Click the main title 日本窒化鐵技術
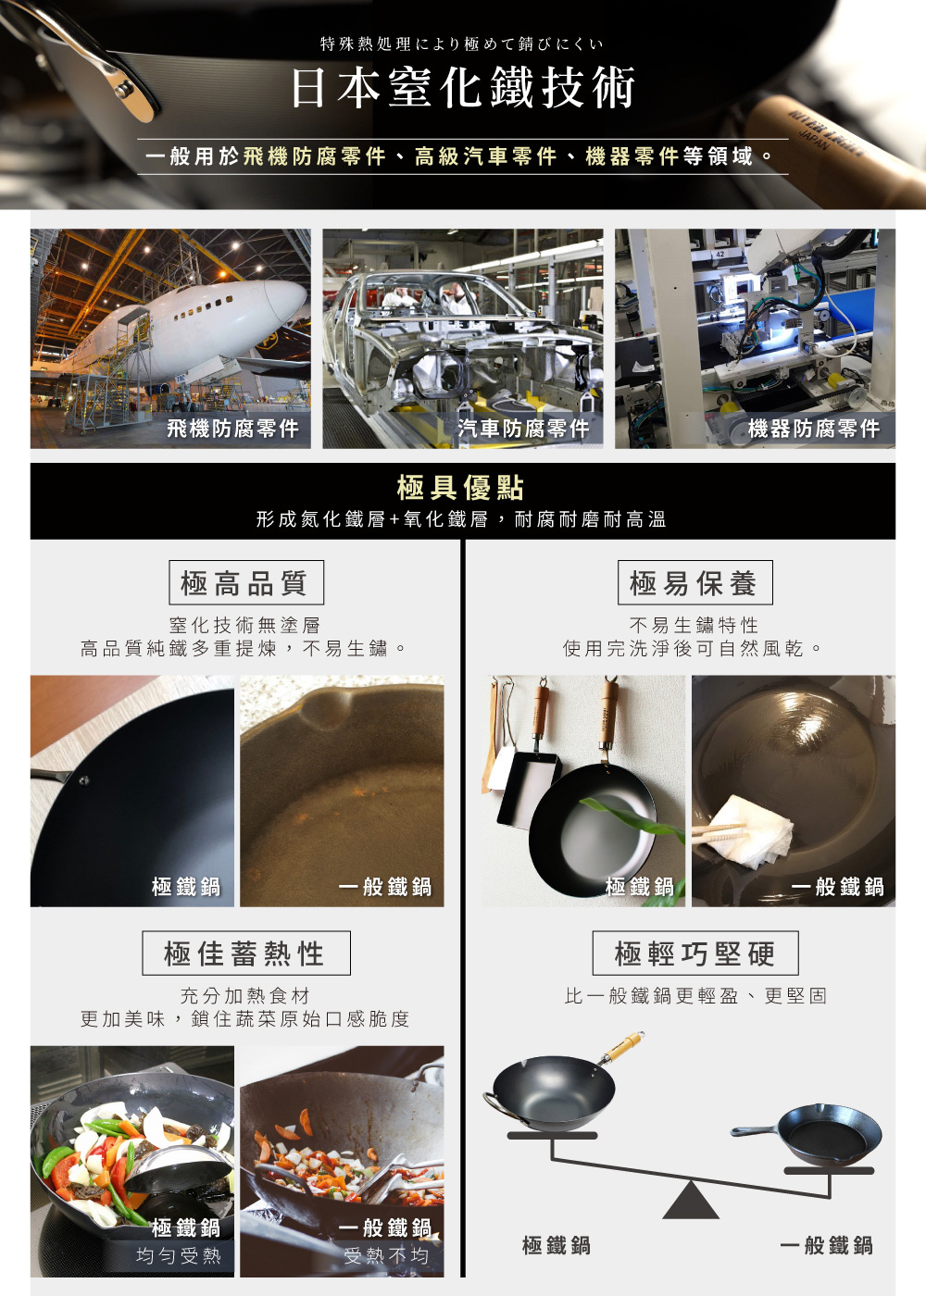(463, 89)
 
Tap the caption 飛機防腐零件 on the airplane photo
(232, 429)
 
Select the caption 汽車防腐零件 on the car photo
(523, 429)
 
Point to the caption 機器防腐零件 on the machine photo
(814, 429)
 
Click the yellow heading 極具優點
(461, 488)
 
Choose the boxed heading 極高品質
(245, 583)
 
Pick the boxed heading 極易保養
(694, 583)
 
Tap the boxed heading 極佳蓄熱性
(245, 953)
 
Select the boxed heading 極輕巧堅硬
(694, 953)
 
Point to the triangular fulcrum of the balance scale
(691, 1202)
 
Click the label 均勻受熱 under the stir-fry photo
(179, 1256)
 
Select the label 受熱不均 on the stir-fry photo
(386, 1256)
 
